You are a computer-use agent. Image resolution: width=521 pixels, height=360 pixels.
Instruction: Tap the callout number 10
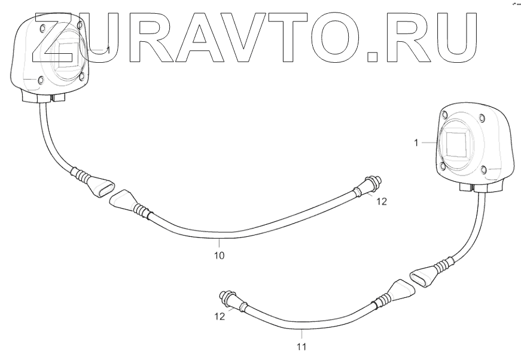pos(220,255)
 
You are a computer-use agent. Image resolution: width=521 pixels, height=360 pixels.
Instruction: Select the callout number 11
pos(302,346)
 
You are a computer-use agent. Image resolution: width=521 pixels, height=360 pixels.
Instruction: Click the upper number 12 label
pos(382,202)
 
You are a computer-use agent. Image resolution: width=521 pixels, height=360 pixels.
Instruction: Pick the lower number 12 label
pos(220,316)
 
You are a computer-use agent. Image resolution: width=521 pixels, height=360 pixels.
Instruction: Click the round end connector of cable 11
pos(228,297)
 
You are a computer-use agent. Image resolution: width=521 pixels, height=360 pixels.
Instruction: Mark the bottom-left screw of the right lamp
pos(442,167)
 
